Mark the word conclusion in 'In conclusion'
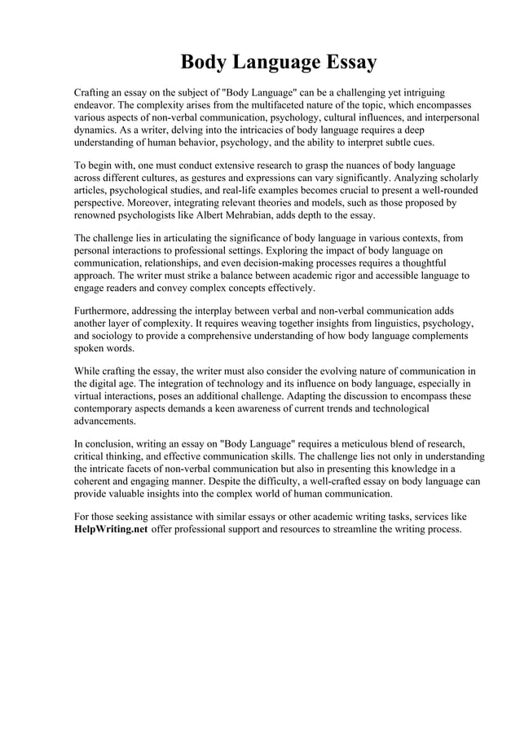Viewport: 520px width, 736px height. click(x=112, y=445)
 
